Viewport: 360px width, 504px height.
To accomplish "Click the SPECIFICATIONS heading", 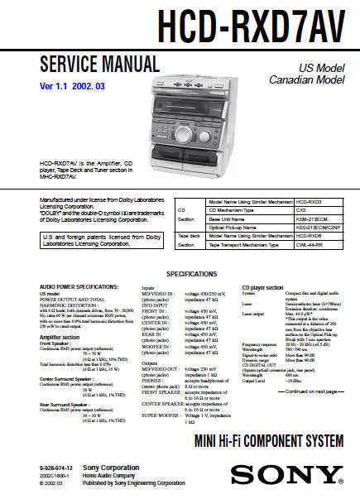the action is tap(191, 273).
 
